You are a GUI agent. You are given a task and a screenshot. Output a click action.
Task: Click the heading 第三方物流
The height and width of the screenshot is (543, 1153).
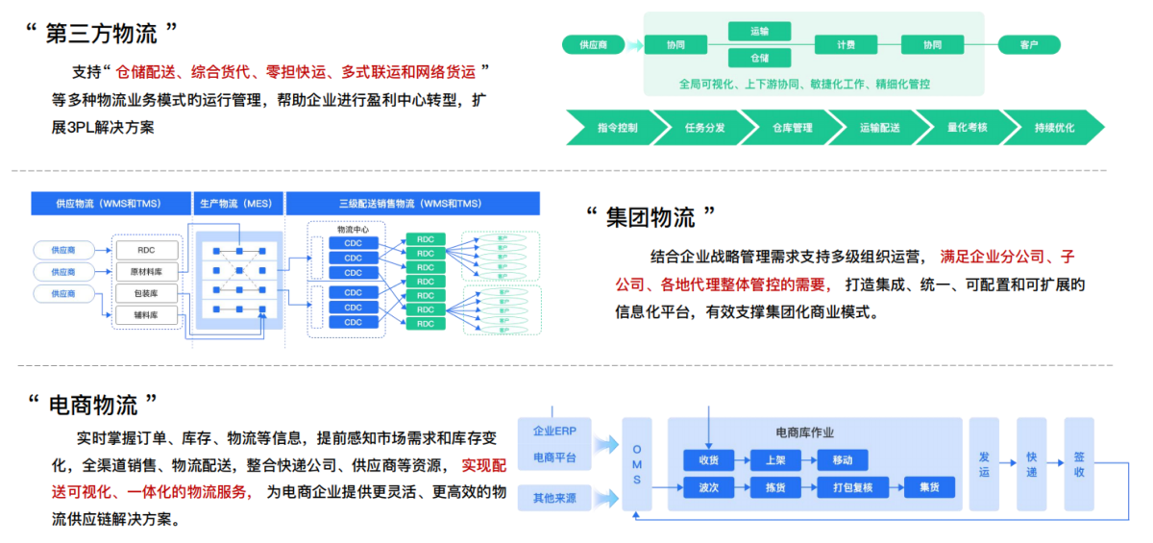[x=101, y=34]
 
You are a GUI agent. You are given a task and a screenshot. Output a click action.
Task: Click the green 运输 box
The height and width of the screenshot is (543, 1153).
[x=759, y=32]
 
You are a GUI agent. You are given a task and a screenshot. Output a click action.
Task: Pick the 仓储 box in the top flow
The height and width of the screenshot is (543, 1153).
[x=759, y=58]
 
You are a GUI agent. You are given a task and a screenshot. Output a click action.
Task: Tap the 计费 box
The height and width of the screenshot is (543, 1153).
[x=846, y=44]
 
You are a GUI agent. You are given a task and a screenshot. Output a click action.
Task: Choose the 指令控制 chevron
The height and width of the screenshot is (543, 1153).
[x=617, y=127]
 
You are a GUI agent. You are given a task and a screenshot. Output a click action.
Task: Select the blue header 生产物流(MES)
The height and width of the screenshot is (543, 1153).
[x=234, y=204]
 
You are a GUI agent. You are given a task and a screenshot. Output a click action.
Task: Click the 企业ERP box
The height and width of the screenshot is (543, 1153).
[x=555, y=432]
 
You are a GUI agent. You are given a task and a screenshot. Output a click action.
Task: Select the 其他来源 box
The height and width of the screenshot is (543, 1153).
[x=555, y=498]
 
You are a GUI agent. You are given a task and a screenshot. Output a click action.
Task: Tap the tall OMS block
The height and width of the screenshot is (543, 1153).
[x=636, y=465]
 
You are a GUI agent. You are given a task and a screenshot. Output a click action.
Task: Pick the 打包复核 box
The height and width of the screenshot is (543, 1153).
[x=846, y=487]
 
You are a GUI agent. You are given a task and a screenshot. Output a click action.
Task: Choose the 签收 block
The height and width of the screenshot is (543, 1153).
[x=1079, y=465]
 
